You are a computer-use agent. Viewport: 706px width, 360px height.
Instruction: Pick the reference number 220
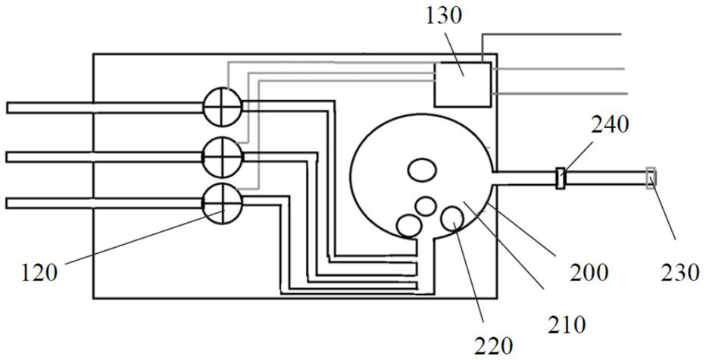click(495, 346)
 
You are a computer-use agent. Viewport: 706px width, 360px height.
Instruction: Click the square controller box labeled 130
click(462, 83)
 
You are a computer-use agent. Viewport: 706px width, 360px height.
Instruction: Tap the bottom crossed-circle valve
click(223, 202)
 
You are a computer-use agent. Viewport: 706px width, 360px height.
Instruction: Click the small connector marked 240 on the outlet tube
click(561, 179)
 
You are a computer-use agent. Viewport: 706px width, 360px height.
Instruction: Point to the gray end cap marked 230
click(650, 179)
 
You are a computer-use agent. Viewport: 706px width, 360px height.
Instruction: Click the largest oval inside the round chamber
click(419, 170)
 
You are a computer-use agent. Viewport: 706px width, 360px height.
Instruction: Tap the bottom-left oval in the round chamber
click(410, 225)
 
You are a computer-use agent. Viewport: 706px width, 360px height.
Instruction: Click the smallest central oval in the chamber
click(426, 205)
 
